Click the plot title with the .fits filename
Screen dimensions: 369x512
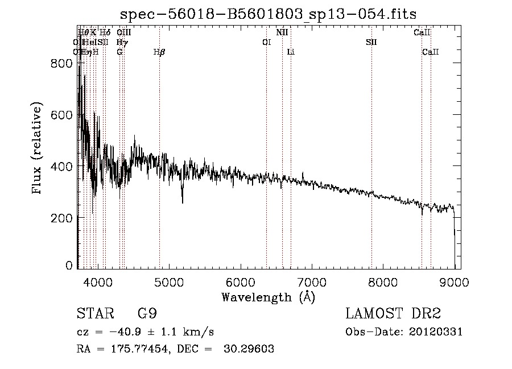(272, 14)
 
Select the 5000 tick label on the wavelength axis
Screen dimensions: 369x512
(168, 281)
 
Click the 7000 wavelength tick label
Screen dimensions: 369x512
(311, 281)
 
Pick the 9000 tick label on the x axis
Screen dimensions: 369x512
(453, 281)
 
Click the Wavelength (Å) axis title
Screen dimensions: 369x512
(268, 297)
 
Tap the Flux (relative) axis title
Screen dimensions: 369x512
(38, 149)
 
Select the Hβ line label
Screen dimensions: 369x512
(159, 52)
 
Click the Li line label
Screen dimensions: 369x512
(291, 52)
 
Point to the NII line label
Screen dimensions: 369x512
(282, 33)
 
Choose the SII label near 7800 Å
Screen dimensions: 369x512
(371, 42)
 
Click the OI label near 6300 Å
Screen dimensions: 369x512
(266, 42)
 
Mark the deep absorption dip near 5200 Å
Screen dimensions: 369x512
(182, 199)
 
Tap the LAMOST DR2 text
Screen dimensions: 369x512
(393, 313)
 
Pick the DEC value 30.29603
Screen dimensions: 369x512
(247, 349)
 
